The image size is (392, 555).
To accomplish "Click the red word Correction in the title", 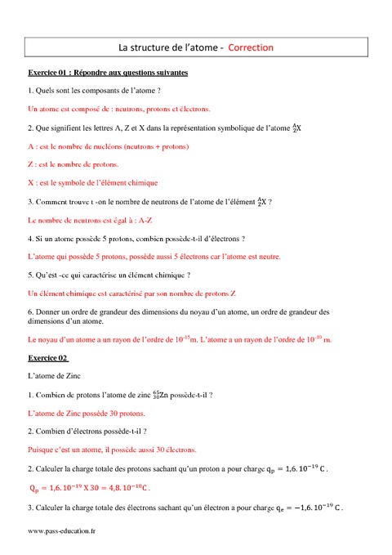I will [x=251, y=47].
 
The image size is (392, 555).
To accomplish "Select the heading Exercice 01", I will [x=50, y=73].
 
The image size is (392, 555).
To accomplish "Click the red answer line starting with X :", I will [x=92, y=183].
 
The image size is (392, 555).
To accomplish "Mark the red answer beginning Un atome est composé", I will [x=118, y=108].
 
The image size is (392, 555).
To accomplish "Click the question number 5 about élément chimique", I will [x=30, y=275].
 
